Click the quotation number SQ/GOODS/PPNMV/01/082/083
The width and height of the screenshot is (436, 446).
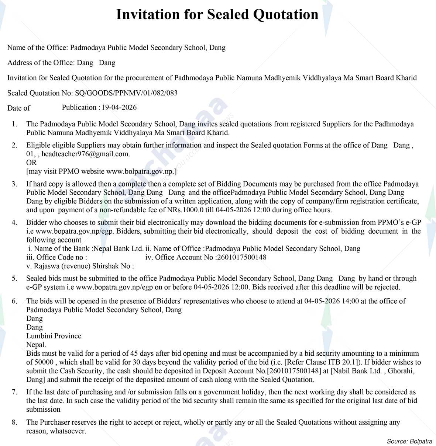pyautogui.click(x=126, y=93)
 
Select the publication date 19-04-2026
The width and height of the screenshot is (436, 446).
pyautogui.click(x=119, y=108)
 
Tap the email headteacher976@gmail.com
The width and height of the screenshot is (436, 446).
pyautogui.click(x=85, y=154)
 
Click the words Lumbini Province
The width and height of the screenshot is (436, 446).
pyautogui.click(x=54, y=336)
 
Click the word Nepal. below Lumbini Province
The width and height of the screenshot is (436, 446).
pyautogui.click(x=36, y=345)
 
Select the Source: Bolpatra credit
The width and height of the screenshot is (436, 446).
pyautogui.click(x=409, y=441)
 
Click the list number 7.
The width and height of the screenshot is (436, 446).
pyautogui.click(x=14, y=392)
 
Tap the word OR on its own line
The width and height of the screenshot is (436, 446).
pyautogui.click(x=31, y=163)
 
